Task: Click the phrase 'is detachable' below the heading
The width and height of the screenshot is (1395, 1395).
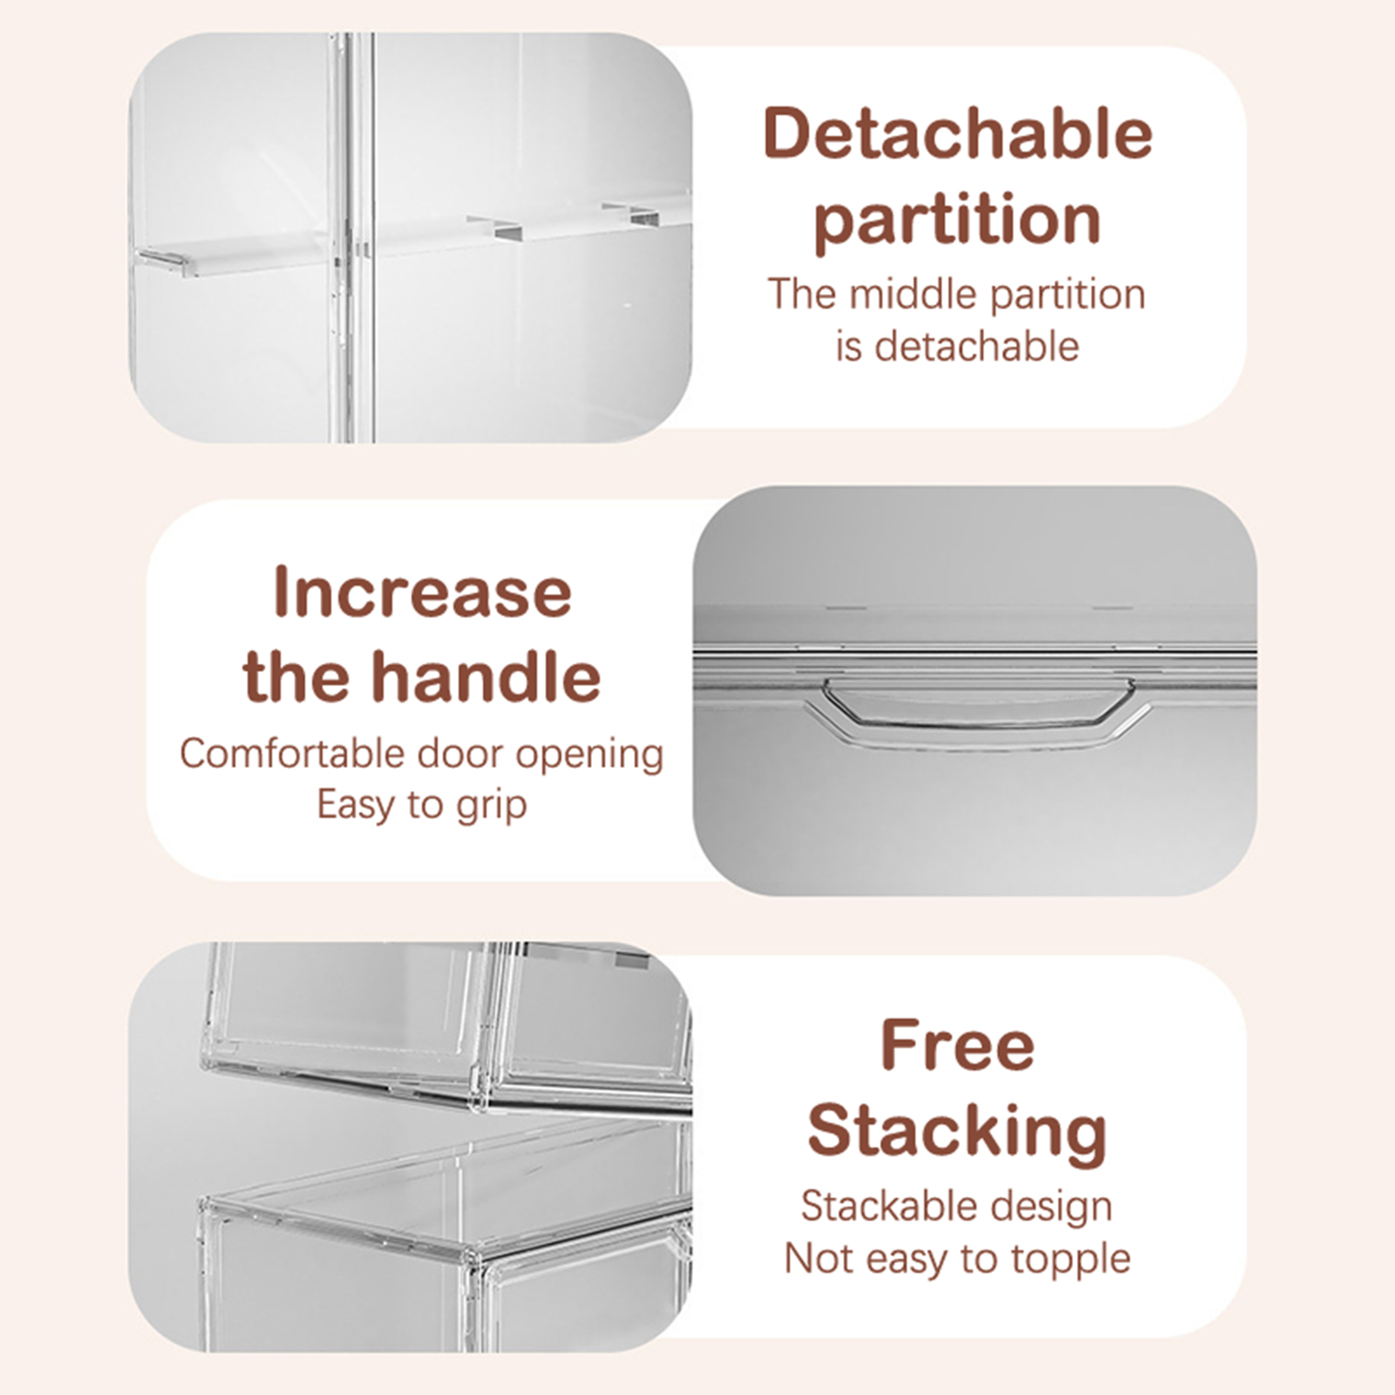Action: (x=957, y=346)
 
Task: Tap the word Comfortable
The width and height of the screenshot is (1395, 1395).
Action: (x=292, y=753)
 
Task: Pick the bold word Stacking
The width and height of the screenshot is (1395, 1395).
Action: (x=957, y=1133)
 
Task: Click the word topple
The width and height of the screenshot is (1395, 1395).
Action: (x=1071, y=1261)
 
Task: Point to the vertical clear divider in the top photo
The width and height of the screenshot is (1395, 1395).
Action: (x=352, y=237)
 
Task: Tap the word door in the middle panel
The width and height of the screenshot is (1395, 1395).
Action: (x=460, y=753)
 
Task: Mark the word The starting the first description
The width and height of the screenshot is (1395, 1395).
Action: (x=802, y=294)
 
